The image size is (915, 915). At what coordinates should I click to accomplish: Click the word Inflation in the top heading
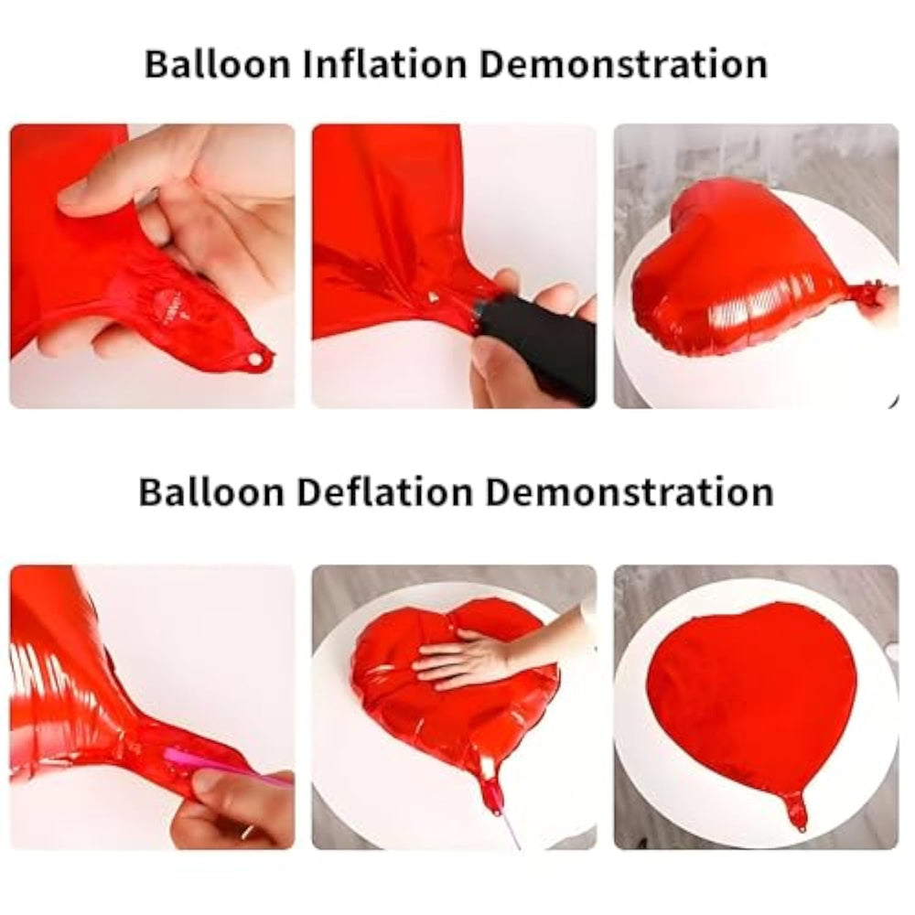point(385,64)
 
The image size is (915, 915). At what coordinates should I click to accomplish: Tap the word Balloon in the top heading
point(217,64)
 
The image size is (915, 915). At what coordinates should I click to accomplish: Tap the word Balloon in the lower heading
point(211,491)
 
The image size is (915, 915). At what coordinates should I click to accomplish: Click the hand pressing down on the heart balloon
point(467,660)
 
